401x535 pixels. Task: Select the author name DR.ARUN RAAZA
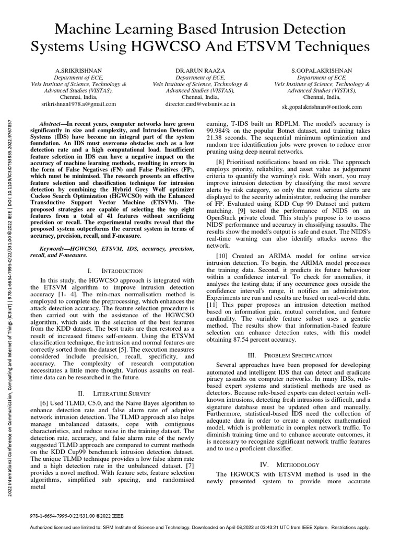tap(200, 69)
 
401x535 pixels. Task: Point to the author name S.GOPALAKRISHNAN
tap(322, 69)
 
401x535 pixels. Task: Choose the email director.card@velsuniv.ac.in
tap(200, 104)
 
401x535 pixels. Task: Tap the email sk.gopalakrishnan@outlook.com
tap(322, 107)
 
